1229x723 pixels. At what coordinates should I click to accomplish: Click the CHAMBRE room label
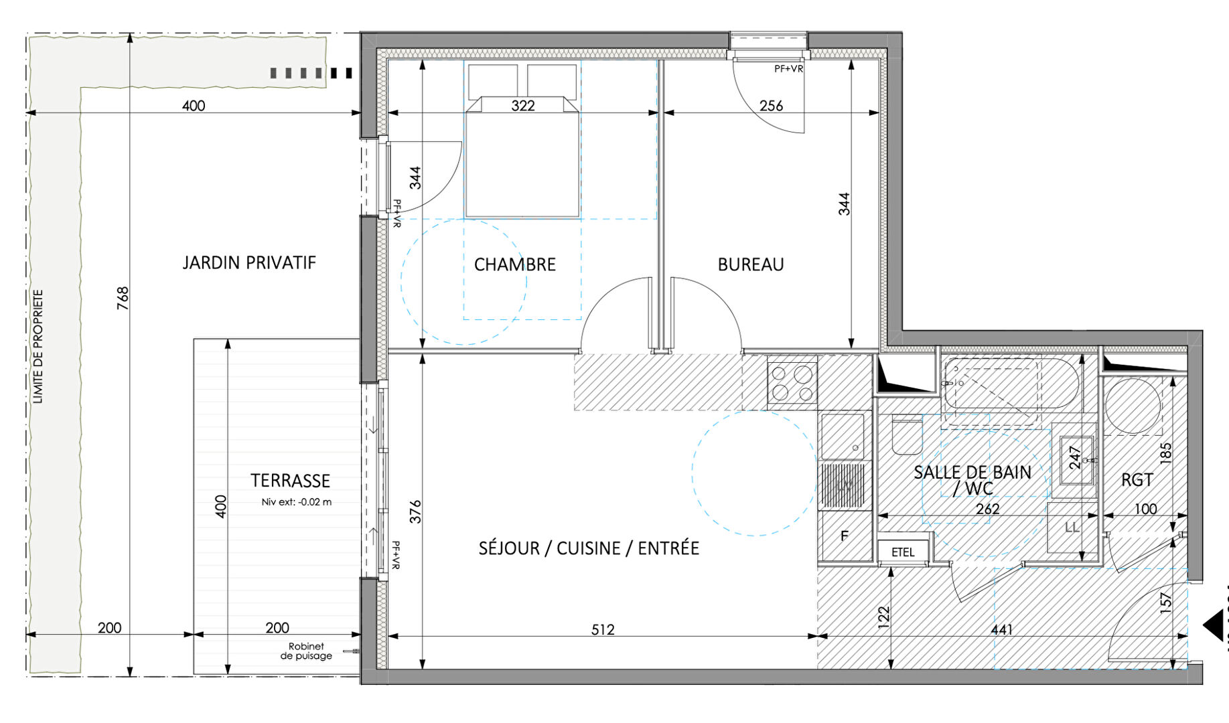click(514, 264)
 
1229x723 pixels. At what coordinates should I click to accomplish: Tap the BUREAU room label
click(750, 264)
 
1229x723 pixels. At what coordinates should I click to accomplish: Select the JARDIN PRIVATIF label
click(248, 262)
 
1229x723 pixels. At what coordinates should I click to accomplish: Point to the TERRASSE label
click(290, 481)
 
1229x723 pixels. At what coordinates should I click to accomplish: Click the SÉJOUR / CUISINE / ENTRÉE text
click(588, 548)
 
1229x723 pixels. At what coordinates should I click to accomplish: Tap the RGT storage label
click(1137, 480)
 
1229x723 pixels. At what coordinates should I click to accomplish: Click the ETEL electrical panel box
click(903, 552)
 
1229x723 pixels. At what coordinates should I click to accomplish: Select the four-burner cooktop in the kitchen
click(792, 383)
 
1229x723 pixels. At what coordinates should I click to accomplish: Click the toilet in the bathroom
click(907, 436)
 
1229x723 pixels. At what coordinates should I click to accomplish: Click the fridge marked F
click(844, 536)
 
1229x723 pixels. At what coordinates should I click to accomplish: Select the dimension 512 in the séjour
click(602, 629)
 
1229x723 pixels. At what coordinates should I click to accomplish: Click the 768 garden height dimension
click(123, 298)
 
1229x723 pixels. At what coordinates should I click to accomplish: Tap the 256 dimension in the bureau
click(771, 106)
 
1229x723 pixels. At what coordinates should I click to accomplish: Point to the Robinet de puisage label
click(306, 651)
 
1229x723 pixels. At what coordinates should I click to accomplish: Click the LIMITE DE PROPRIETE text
click(38, 346)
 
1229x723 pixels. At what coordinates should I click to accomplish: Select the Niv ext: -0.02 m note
click(296, 501)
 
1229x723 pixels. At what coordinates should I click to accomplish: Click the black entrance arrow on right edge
click(1214, 625)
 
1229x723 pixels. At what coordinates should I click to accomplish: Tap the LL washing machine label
click(1072, 528)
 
